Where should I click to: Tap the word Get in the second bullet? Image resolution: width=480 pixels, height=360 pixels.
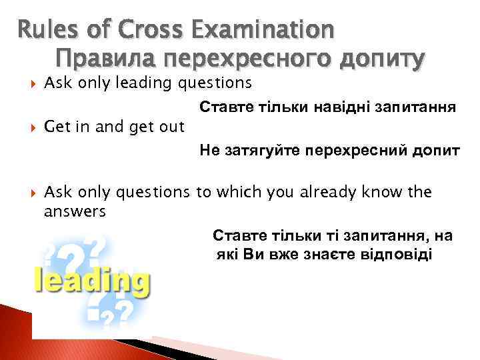tap(55, 127)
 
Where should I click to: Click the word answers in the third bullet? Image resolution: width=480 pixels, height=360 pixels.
tap(74, 211)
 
